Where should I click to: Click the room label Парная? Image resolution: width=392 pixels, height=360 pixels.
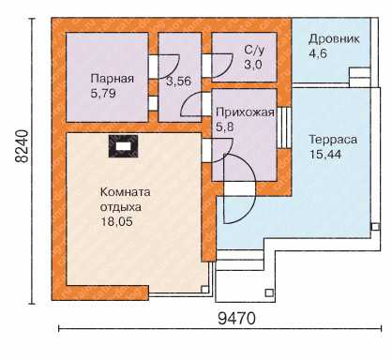112,79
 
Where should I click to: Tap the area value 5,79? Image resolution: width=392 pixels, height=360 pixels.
103,93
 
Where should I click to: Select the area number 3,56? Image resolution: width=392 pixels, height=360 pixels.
178,82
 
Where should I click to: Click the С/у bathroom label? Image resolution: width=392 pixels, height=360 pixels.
254,51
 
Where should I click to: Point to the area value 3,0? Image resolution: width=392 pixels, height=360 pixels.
253,65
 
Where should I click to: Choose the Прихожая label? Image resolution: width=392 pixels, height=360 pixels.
245,112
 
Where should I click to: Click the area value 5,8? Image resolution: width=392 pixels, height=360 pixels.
225,127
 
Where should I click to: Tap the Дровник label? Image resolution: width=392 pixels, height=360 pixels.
334,39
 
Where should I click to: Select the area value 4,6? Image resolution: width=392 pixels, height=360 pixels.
318,53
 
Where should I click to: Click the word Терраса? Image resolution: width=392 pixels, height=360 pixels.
333,140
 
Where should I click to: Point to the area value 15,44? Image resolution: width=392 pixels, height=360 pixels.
324,154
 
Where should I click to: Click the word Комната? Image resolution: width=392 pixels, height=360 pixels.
125,192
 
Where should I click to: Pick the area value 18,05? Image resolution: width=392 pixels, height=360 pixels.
116,221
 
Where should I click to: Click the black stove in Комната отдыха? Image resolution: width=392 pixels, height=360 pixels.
123,146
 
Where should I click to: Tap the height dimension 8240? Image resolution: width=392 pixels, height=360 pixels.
22,146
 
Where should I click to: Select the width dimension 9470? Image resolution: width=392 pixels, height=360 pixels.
236,319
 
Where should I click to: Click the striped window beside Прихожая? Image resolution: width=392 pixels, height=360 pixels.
284,127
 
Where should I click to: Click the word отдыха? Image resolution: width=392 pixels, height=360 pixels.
121,207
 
